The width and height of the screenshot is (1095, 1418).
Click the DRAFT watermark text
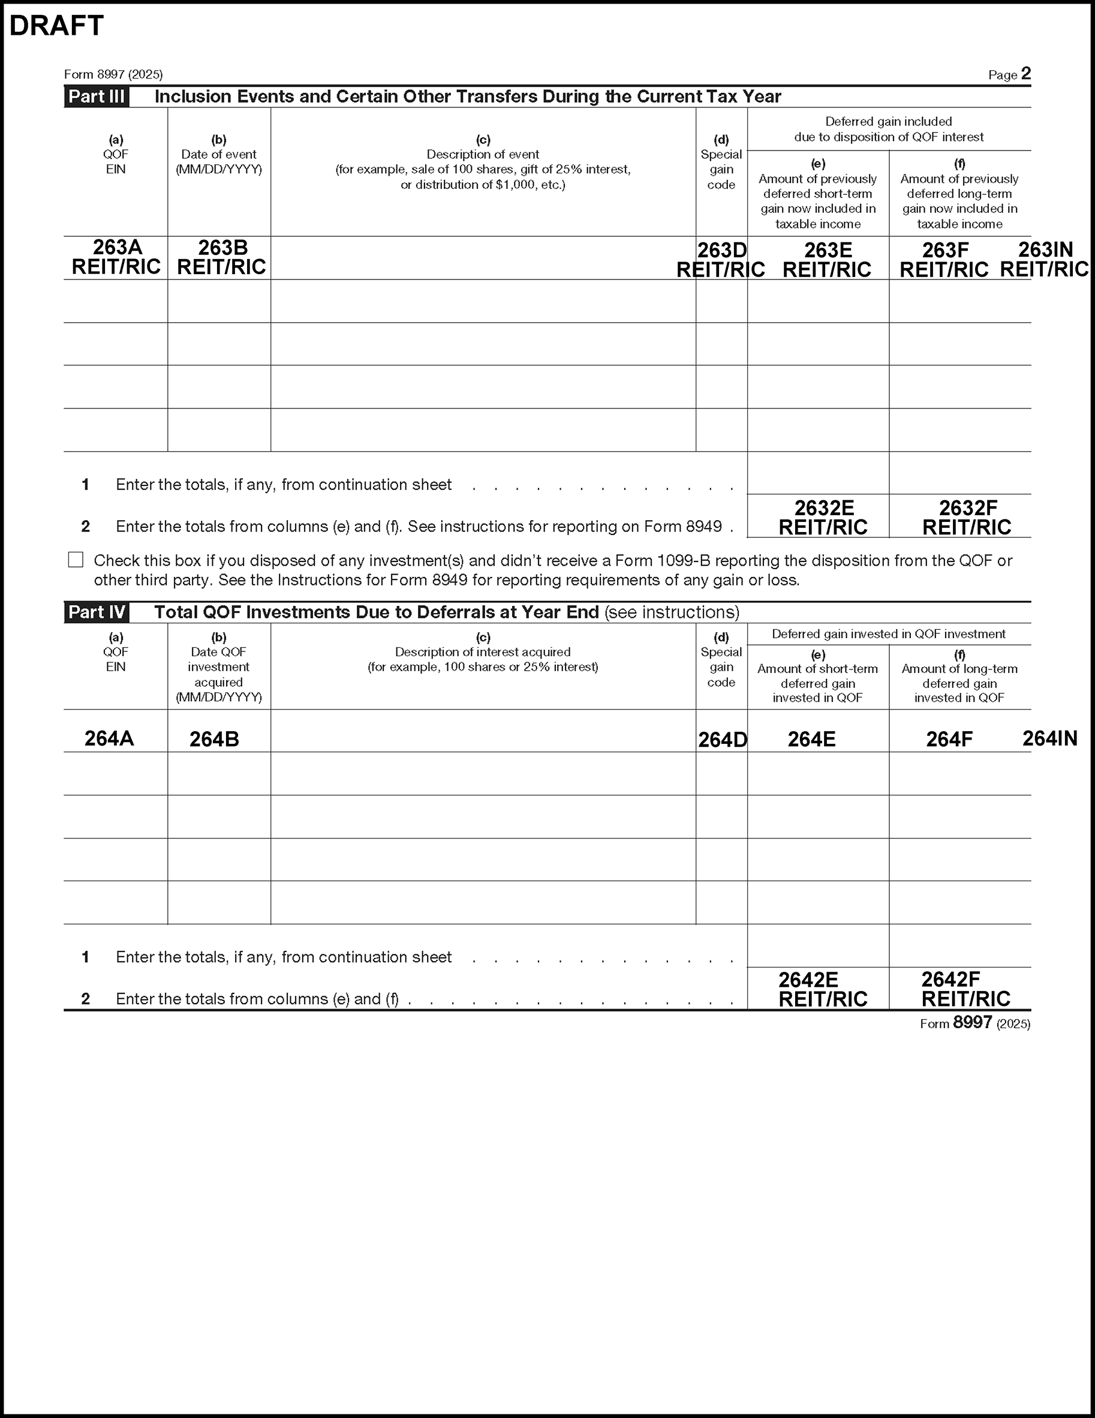tap(56, 26)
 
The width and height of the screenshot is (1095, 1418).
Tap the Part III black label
tap(97, 97)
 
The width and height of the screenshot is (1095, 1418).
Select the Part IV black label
tap(97, 612)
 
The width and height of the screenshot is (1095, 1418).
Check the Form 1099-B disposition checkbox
tap(76, 560)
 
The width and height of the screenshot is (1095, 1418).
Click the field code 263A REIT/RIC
tap(116, 257)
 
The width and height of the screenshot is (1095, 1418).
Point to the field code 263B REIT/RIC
tap(222, 257)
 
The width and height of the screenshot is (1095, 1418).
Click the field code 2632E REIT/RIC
tap(823, 518)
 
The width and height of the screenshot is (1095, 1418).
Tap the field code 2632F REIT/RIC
tap(967, 518)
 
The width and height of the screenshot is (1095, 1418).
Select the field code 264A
tap(109, 738)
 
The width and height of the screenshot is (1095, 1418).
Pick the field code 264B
tap(214, 739)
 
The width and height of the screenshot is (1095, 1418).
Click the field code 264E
tap(811, 739)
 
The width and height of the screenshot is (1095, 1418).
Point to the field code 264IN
tap(1049, 738)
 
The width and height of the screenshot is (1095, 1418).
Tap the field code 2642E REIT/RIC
tap(822, 989)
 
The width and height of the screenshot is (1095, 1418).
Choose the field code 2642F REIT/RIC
tap(966, 989)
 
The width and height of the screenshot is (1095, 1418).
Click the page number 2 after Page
tap(1025, 73)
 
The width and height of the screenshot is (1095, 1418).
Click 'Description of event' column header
tap(483, 155)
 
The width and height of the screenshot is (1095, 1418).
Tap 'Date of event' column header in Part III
tap(219, 155)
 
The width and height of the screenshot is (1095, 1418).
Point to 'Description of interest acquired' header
tap(483, 652)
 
